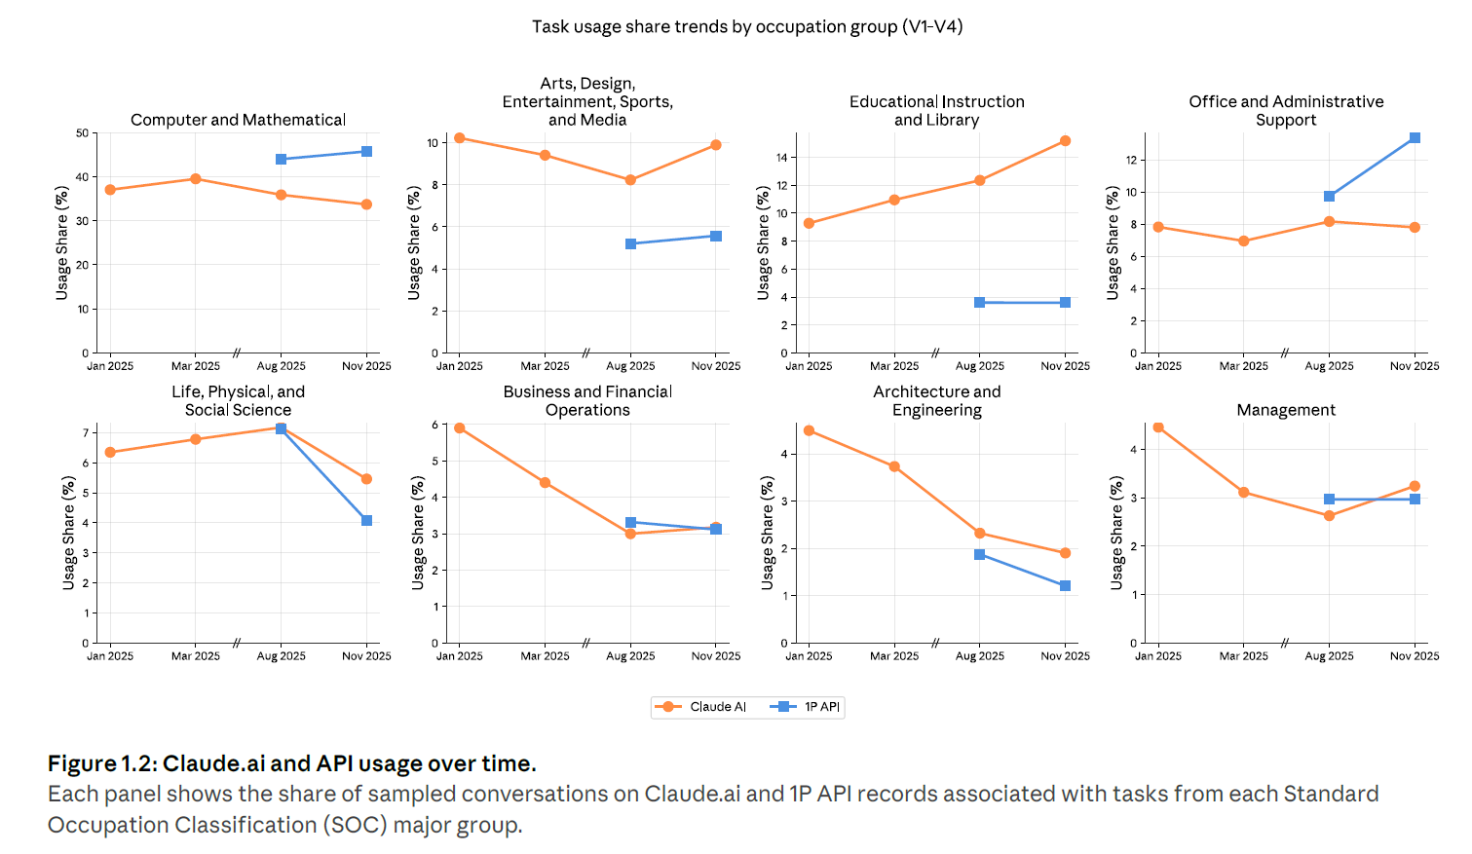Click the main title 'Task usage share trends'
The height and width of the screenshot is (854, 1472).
pyautogui.click(x=746, y=27)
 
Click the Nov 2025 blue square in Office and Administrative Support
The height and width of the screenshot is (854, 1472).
pyautogui.click(x=1415, y=138)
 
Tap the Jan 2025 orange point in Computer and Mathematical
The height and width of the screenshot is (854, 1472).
pyautogui.click(x=110, y=190)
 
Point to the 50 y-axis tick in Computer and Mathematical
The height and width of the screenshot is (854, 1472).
pyautogui.click(x=82, y=133)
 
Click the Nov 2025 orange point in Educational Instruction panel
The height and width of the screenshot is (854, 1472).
pyautogui.click(x=1065, y=141)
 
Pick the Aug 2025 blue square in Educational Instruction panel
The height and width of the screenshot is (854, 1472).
pyautogui.click(x=979, y=303)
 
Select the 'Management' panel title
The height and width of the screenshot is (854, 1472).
pyautogui.click(x=1286, y=410)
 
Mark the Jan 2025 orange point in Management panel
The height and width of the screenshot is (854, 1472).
pyautogui.click(x=1158, y=427)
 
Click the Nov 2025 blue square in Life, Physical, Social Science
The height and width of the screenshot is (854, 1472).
pyautogui.click(x=366, y=521)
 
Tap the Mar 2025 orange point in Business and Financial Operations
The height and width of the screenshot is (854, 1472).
pyautogui.click(x=545, y=483)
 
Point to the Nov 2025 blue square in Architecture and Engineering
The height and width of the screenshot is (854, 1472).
pyautogui.click(x=1065, y=586)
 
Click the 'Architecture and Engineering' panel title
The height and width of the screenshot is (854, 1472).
pyautogui.click(x=936, y=400)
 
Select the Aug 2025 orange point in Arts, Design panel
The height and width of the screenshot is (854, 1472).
pyautogui.click(x=630, y=180)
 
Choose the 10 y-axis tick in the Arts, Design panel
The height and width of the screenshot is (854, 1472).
pyautogui.click(x=433, y=143)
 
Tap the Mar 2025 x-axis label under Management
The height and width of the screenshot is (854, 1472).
pyautogui.click(x=1243, y=656)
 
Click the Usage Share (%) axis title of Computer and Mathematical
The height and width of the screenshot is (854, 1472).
pyautogui.click(x=62, y=242)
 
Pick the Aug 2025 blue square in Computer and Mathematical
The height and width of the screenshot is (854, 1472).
pyautogui.click(x=281, y=160)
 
